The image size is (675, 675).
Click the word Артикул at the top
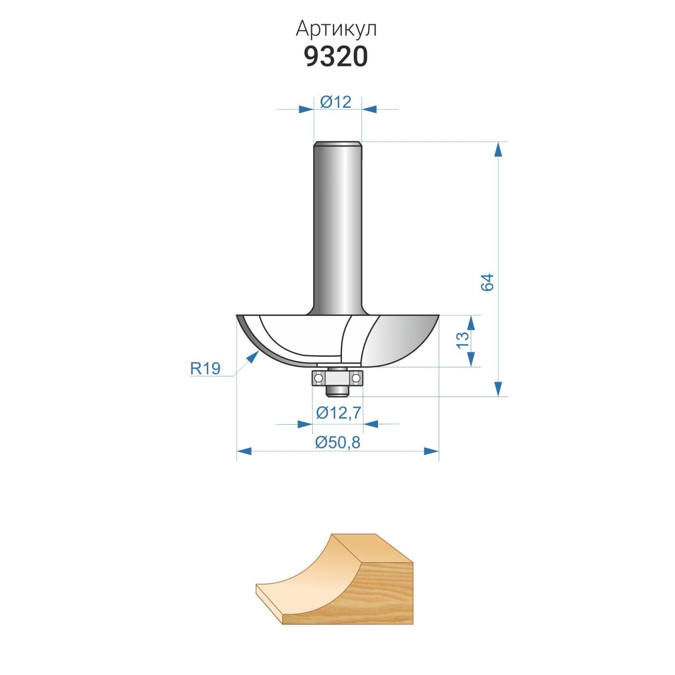click(x=336, y=29)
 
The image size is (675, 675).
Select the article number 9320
click(x=336, y=57)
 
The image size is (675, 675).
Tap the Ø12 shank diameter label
click(x=336, y=102)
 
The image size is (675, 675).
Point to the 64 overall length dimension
click(x=487, y=282)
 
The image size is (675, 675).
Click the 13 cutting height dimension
click(x=462, y=340)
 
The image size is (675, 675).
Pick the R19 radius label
click(x=205, y=368)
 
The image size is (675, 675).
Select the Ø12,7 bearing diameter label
click(x=338, y=413)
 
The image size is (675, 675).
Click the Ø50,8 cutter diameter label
click(x=337, y=443)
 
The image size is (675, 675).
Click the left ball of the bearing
click(x=318, y=378)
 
